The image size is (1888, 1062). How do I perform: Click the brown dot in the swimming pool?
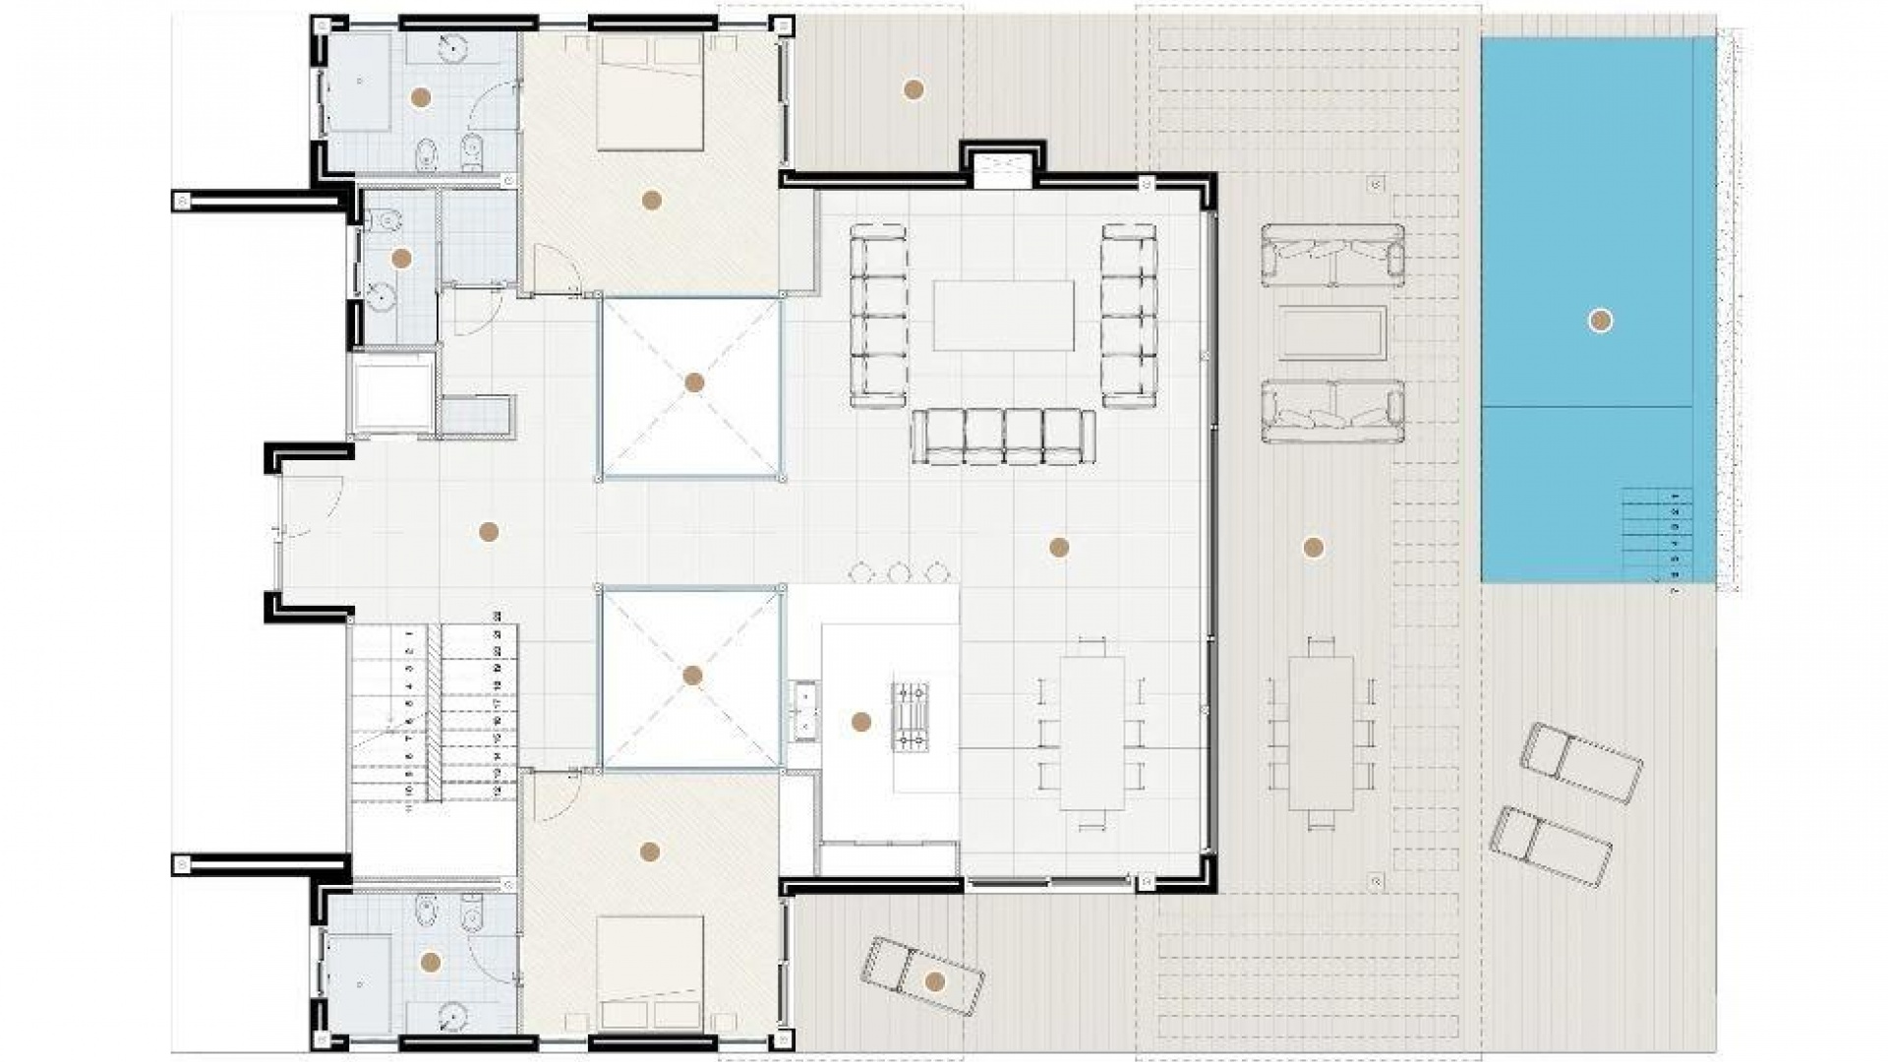(x=1601, y=321)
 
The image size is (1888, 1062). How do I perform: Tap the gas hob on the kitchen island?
(x=910, y=717)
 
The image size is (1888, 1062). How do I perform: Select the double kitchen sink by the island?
(x=805, y=709)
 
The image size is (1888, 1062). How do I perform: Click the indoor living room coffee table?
(x=1003, y=316)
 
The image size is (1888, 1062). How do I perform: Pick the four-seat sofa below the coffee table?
(x=1003, y=437)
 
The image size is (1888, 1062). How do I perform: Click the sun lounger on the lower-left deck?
(x=921, y=975)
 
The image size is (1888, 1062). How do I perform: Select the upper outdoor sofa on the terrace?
(x=1332, y=255)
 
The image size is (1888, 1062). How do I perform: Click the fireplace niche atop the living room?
(x=1003, y=170)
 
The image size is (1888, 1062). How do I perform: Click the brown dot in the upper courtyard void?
(x=694, y=383)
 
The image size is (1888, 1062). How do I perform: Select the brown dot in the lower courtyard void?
(x=692, y=677)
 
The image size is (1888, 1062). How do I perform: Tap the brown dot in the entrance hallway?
(x=488, y=532)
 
